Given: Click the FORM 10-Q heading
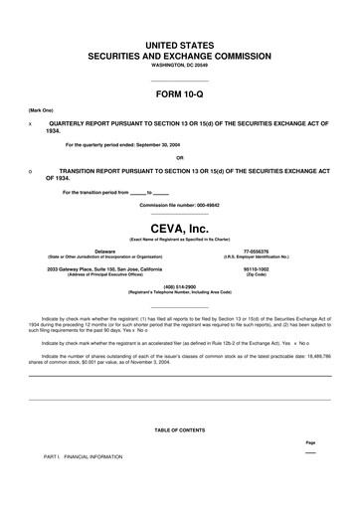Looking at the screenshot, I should pyautogui.click(x=179, y=94).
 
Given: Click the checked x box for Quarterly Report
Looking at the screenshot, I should pyautogui.click(x=30, y=125).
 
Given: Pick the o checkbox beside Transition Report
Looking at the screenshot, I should pyautogui.click(x=30, y=171).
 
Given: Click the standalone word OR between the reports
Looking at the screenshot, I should pyautogui.click(x=179, y=158).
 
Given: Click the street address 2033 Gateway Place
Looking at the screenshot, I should pyautogui.click(x=111, y=269).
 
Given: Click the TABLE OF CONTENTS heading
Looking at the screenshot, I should pyautogui.click(x=179, y=429).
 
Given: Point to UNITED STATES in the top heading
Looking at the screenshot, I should pyautogui.click(x=179, y=46).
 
